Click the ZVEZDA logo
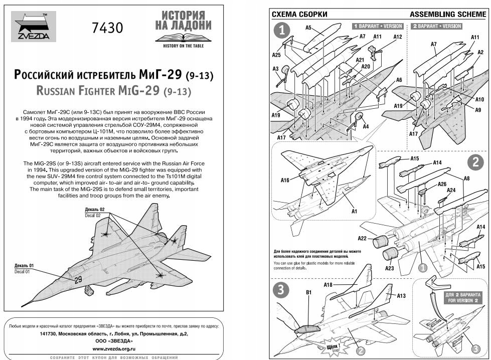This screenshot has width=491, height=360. [x=32, y=28]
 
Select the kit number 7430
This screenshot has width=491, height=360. [x=107, y=28]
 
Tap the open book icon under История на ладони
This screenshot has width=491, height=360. [x=183, y=38]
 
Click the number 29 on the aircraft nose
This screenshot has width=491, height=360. [x=78, y=280]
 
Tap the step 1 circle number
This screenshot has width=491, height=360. [x=282, y=31]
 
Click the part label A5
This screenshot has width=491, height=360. [x=308, y=27]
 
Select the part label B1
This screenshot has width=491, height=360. [x=309, y=292]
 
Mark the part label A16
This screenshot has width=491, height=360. [x=285, y=181]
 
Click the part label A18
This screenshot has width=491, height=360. [x=328, y=285]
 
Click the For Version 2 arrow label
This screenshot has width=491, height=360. [x=463, y=298]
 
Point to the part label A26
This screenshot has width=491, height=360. [x=441, y=184]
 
